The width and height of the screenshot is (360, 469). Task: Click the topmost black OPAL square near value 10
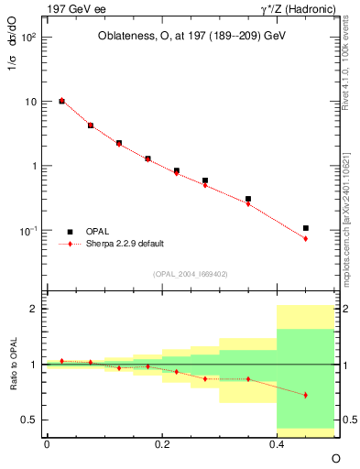tap(61, 101)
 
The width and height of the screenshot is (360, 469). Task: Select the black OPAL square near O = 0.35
tap(248, 199)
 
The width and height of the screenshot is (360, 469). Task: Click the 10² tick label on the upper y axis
tap(29, 38)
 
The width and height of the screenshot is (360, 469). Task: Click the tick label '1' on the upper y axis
tap(34, 167)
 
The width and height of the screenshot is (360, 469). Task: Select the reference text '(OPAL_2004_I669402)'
tap(190, 274)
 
